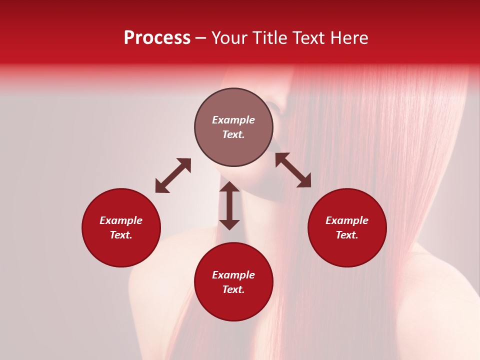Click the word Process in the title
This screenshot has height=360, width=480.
[x=157, y=38]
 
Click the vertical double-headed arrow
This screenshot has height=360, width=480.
[x=229, y=205]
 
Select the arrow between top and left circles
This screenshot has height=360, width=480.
[x=173, y=175]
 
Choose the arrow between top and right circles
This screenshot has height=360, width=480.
[x=293, y=170]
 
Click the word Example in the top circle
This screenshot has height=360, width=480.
[x=233, y=120]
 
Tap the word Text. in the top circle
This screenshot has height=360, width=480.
[x=233, y=134]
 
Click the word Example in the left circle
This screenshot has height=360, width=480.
[x=121, y=220]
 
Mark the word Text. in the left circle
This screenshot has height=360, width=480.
[x=121, y=235]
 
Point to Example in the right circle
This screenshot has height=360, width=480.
[x=347, y=220]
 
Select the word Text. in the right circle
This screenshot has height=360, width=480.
[x=347, y=235]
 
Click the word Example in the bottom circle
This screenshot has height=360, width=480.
[x=233, y=275]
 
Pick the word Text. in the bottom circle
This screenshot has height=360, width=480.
[x=233, y=289]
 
